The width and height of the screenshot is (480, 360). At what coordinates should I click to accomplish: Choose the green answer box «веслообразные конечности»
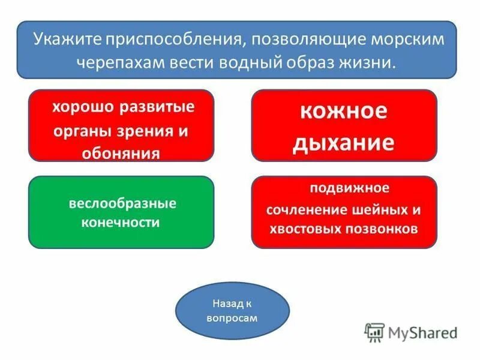(121, 212)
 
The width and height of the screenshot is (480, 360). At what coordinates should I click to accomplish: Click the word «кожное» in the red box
(344, 112)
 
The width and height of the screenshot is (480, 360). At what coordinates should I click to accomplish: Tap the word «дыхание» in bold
(344, 142)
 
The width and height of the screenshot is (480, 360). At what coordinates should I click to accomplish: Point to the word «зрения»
(144, 131)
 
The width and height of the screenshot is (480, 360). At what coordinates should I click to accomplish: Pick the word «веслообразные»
(122, 203)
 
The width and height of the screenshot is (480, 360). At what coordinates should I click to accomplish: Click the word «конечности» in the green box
(121, 223)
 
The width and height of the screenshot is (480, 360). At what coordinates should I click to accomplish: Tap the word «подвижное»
(349, 188)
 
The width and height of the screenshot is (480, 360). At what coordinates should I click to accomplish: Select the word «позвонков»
(383, 229)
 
